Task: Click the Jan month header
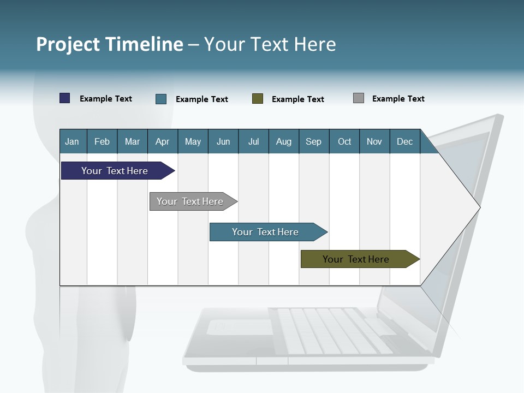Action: point(72,141)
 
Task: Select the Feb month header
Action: point(102,141)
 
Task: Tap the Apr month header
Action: point(162,141)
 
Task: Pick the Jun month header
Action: point(223,141)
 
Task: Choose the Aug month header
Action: point(283,141)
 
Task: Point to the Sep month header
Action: point(313,141)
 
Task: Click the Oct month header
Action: point(344,141)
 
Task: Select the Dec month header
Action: point(404,141)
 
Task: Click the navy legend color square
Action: point(65,98)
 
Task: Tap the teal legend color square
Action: point(161,99)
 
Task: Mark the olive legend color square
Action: point(258,99)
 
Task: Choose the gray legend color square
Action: point(359,98)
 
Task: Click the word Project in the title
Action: point(68,44)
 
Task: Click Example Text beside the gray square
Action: point(398,99)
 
